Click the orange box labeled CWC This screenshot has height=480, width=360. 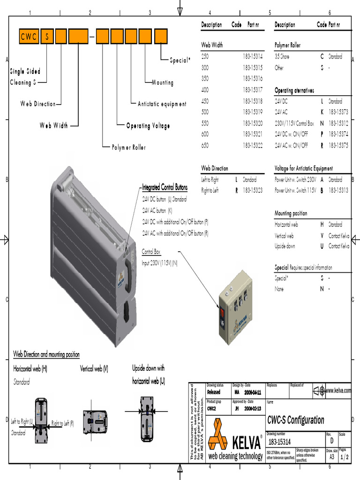point(29,37)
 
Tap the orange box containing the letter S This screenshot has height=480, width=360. point(47,37)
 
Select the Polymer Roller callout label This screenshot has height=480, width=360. point(129,148)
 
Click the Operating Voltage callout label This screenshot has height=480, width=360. point(148,126)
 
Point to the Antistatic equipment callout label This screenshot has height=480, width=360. point(162,104)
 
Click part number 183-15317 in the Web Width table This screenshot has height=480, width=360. point(253,90)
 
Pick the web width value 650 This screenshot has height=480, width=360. point(205,145)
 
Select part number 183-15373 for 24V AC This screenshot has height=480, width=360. point(338,112)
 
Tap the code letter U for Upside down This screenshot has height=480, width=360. point(322,246)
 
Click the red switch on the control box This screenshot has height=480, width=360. point(224,314)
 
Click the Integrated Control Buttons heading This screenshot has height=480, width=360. point(165,188)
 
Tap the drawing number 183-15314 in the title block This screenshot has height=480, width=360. point(280,442)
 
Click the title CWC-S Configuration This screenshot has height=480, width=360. point(295,420)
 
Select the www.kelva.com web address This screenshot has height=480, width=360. point(337,390)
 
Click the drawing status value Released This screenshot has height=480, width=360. point(213,392)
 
